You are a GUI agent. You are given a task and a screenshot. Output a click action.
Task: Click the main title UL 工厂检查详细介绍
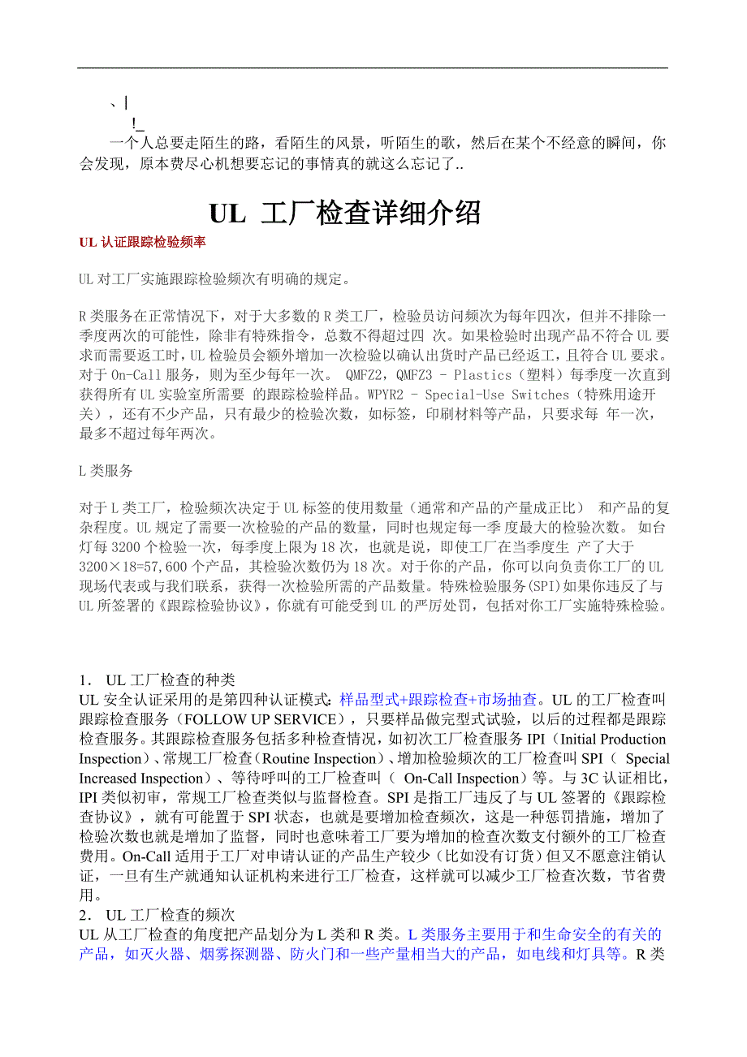click(x=346, y=213)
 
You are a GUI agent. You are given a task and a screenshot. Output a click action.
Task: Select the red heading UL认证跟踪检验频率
click(x=142, y=243)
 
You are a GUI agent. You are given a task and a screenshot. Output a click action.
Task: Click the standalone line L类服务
click(x=106, y=470)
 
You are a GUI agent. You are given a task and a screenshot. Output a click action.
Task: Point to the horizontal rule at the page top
click(x=373, y=67)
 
